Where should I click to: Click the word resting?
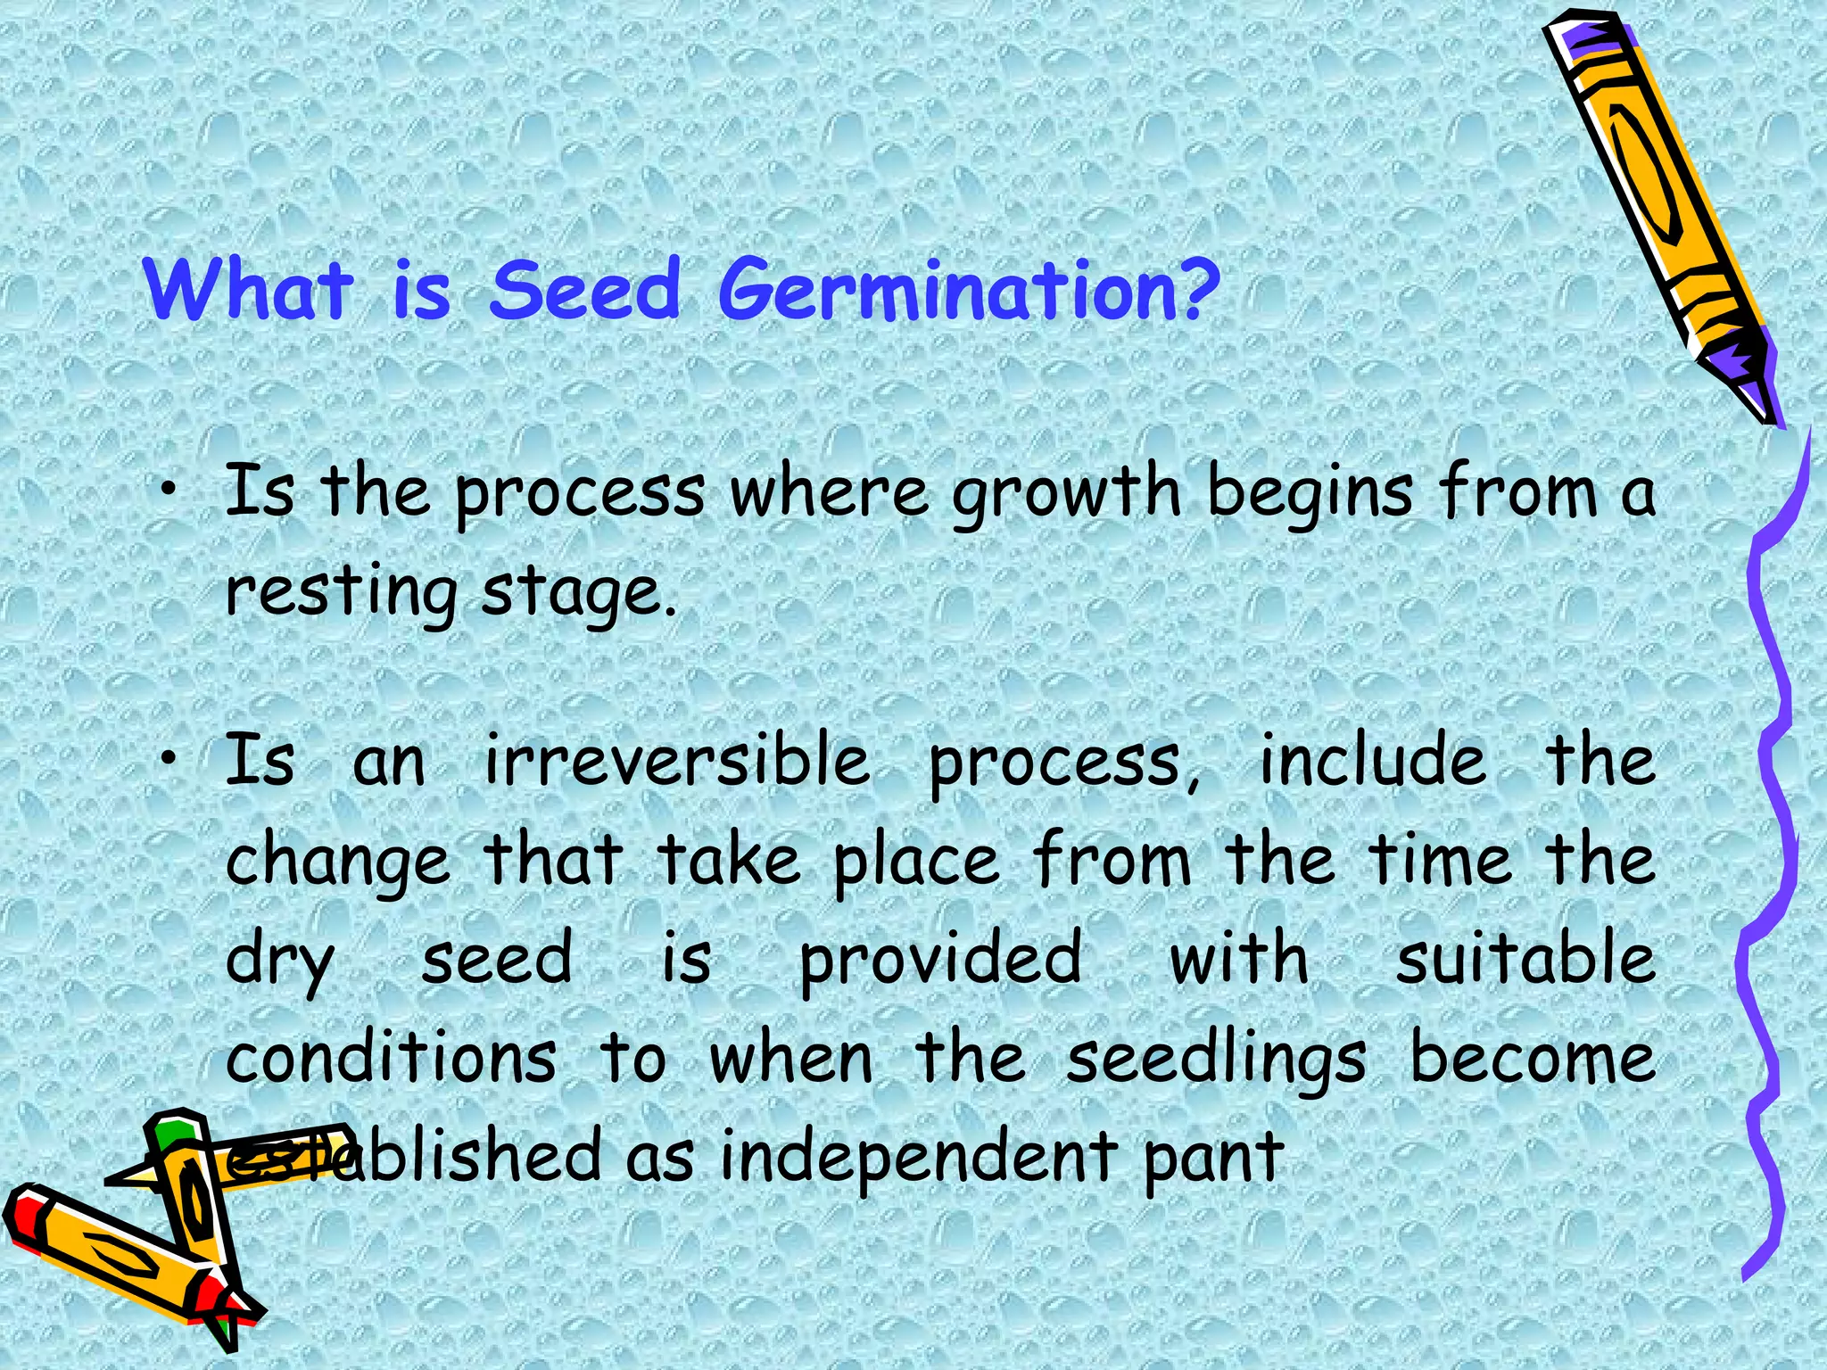coord(340,591)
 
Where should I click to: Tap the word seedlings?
coord(1215,1060)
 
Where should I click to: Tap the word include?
coord(1372,761)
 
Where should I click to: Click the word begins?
coord(1310,493)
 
